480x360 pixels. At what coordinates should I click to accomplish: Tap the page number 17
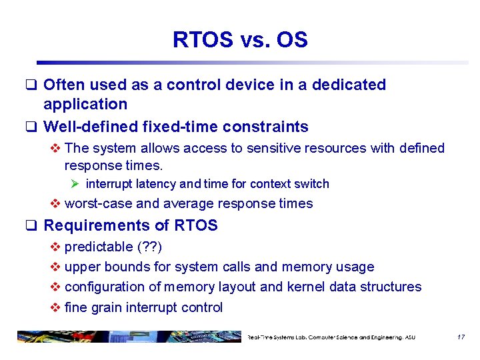tap(461, 337)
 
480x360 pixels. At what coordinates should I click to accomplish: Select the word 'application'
tap(85, 104)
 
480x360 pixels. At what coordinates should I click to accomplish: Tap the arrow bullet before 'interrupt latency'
tap(75, 184)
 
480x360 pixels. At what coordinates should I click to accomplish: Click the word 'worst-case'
tap(98, 204)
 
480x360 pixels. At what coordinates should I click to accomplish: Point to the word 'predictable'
tap(99, 247)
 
